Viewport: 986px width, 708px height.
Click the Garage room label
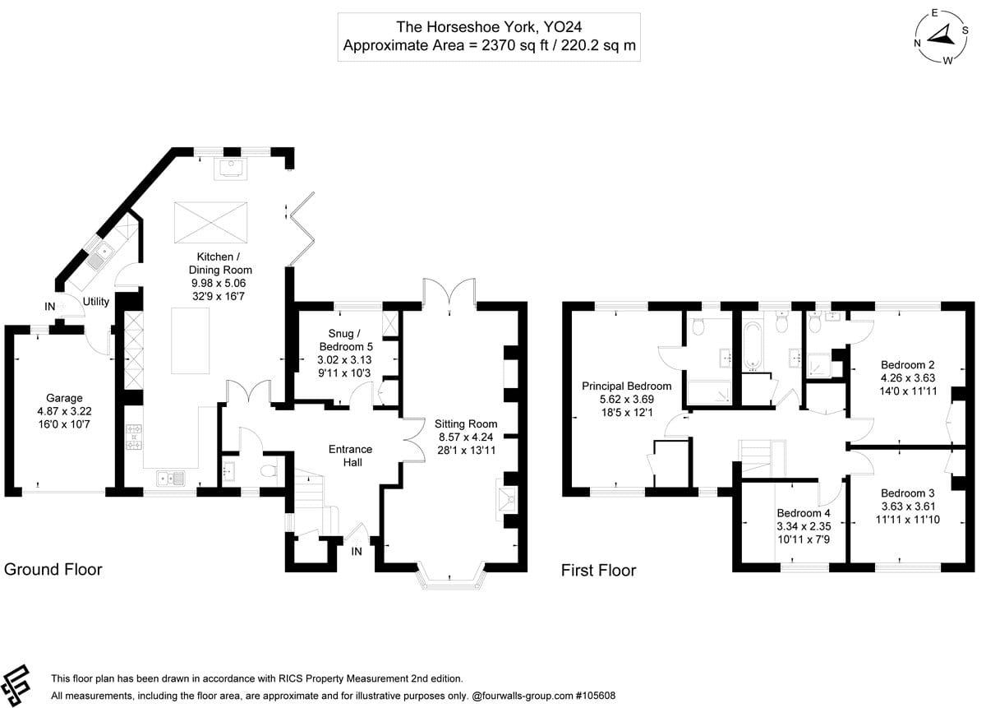coord(64,398)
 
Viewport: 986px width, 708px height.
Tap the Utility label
coord(96,302)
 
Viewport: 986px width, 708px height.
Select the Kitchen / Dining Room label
coord(218,263)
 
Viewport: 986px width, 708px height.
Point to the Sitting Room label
coord(466,424)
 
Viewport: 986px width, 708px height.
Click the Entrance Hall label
coord(350,456)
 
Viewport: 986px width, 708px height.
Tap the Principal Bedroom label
coord(627,386)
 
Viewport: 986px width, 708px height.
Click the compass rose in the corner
coord(941,36)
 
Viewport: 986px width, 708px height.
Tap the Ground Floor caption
coord(53,569)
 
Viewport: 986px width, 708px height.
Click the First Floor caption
coord(598,570)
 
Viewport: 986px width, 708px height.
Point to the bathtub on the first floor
coord(753,345)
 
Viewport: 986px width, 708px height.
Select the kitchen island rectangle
coord(190,340)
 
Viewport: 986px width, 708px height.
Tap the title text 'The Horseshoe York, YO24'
coord(490,27)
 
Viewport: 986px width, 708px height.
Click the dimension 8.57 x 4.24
coord(466,437)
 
